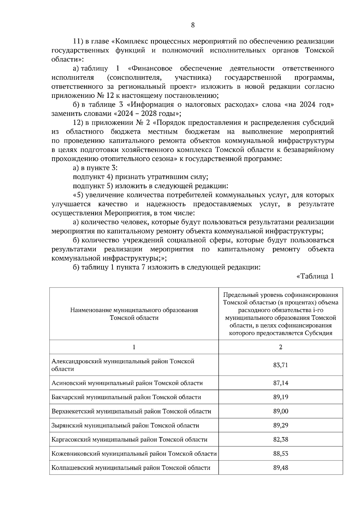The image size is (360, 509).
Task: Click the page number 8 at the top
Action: pyautogui.click(x=193, y=25)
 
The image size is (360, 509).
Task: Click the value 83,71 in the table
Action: pyautogui.click(x=280, y=365)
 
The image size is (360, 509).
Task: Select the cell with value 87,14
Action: pyautogui.click(x=280, y=383)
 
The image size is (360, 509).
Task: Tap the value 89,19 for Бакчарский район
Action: pyautogui.click(x=280, y=397)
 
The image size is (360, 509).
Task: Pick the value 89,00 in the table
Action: pyautogui.click(x=280, y=411)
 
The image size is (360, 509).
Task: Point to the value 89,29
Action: pyautogui.click(x=280, y=425)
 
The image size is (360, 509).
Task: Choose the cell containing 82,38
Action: pyautogui.click(x=280, y=439)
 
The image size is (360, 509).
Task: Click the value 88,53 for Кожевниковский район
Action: pyautogui.click(x=280, y=454)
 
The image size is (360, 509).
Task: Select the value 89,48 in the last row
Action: pyautogui.click(x=280, y=468)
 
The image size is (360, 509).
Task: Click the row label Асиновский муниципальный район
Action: pyautogui.click(x=127, y=383)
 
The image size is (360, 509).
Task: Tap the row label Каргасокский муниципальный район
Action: pyautogui.click(x=129, y=439)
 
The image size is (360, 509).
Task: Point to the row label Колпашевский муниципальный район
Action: pyautogui.click(x=131, y=468)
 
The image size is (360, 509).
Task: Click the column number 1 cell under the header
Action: pyautogui.click(x=134, y=347)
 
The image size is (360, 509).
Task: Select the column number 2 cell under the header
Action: pyautogui.click(x=280, y=347)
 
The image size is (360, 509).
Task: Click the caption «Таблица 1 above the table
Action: pyautogui.click(x=315, y=276)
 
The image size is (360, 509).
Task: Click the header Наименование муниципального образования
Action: pyautogui.click(x=134, y=310)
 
